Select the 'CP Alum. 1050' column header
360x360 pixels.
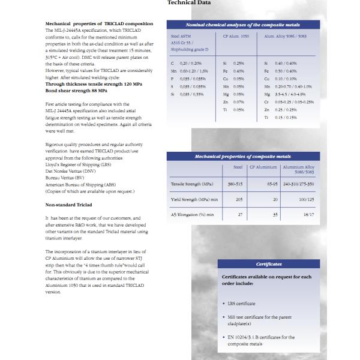[x=235, y=36]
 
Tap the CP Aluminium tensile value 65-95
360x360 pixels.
[x=271, y=184]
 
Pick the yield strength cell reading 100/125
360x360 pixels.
[x=305, y=199]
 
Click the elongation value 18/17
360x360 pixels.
[x=308, y=214]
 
